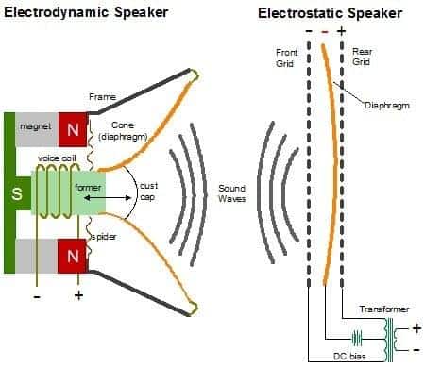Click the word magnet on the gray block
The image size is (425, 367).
[x=36, y=125]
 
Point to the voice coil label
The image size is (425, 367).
[x=58, y=158]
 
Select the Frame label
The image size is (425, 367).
[x=102, y=96]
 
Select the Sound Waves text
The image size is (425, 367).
[x=231, y=193]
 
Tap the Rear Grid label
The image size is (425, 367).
[x=362, y=58]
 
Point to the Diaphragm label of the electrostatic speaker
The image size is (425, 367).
[x=388, y=105]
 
